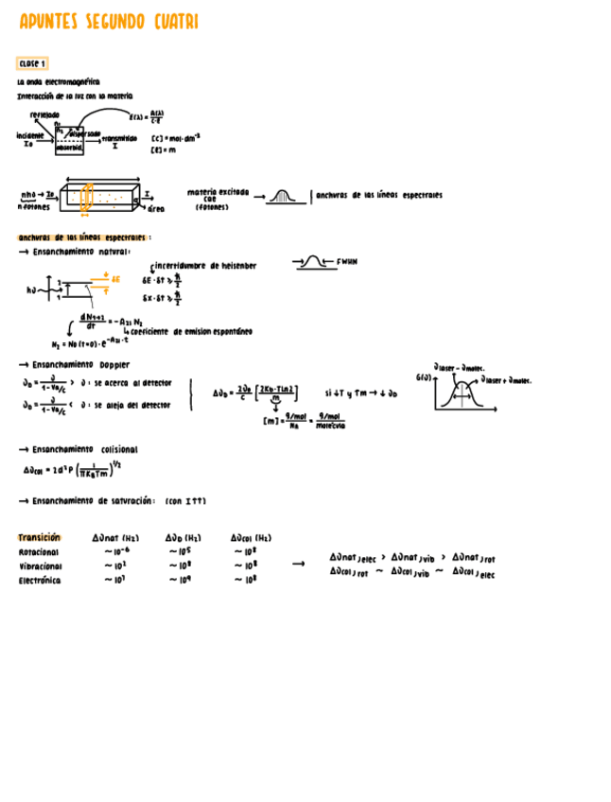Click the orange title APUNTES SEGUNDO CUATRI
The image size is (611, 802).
coord(109,22)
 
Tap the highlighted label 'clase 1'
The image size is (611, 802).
coord(33,63)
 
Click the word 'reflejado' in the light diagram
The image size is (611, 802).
coord(44,114)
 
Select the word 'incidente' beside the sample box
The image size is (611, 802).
coord(30,135)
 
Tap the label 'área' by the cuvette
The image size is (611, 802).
coord(156,208)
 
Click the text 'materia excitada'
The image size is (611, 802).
coord(218,192)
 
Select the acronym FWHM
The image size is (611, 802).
coord(346,260)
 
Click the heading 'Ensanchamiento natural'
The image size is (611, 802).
coord(81,252)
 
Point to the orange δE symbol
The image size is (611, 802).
coord(115,279)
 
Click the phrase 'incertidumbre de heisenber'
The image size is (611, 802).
coord(205,266)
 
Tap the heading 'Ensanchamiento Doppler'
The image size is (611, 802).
coord(81,364)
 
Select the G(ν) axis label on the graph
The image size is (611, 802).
coord(423,377)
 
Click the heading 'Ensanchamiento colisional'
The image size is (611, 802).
coord(84,449)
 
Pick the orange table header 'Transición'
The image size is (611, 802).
coord(40,535)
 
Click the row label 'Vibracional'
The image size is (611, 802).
coord(40,566)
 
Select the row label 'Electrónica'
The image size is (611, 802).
coord(40,581)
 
